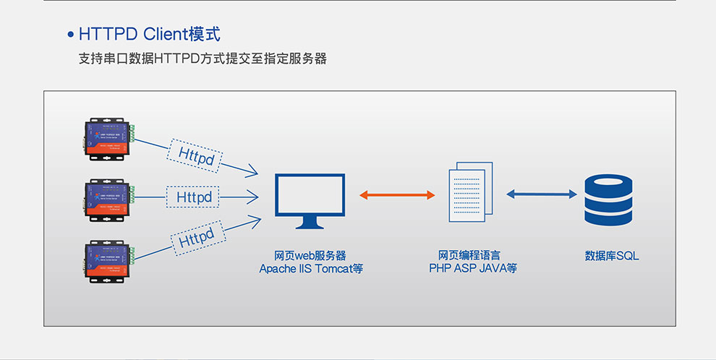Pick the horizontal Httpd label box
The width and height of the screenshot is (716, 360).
point(195,197)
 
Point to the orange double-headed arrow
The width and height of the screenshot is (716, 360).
point(396,195)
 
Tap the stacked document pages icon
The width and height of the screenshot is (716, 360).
point(471,189)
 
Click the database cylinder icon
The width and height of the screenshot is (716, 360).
point(609,200)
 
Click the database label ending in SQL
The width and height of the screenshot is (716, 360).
point(612,256)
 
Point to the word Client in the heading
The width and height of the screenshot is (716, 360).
point(166,34)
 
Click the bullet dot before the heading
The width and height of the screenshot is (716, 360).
point(70,35)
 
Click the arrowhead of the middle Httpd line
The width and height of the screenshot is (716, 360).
point(254,196)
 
